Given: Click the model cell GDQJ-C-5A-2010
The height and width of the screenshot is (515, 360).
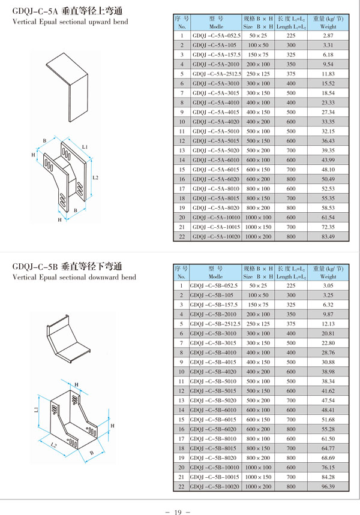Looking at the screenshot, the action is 216,64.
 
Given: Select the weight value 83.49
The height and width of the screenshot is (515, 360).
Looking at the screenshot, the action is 328,236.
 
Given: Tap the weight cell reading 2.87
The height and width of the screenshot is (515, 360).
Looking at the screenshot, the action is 328,35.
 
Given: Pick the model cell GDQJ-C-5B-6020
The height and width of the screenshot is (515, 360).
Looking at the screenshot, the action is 213,429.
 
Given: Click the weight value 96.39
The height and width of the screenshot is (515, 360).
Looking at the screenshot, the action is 328,486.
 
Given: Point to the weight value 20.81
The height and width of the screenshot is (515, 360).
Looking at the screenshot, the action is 328,333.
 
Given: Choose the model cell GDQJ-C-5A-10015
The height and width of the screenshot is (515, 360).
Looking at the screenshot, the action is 217,227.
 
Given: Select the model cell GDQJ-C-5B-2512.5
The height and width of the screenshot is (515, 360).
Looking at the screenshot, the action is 215,324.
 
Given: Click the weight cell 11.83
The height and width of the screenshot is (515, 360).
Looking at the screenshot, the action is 328,74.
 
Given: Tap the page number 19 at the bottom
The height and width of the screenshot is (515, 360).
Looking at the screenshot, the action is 178,512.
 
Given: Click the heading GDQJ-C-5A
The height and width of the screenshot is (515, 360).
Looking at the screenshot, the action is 35,11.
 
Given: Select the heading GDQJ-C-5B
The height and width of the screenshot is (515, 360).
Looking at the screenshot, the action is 35,266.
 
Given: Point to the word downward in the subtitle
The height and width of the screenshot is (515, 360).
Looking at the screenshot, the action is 104,277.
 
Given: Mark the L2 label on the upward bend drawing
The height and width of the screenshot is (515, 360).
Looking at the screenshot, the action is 95,177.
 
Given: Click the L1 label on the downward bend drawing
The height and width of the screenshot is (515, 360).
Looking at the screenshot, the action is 36,409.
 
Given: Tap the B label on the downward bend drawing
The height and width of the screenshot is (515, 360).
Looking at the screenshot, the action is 92,453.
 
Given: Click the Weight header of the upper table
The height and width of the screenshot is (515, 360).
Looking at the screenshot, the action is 328,26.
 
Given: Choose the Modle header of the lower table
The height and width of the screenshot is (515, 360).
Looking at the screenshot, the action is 215,276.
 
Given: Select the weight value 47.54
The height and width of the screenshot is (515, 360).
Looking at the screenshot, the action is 328,400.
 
